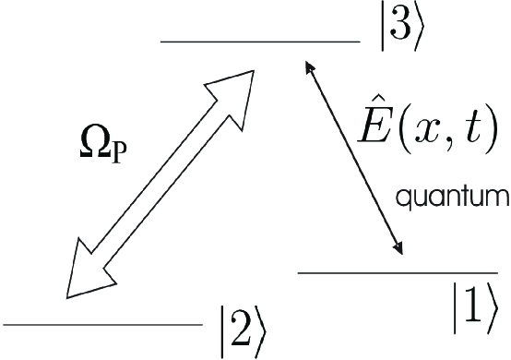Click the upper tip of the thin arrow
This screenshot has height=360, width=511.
pyautogui.click(x=308, y=65)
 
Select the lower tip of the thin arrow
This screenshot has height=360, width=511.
pyautogui.click(x=400, y=250)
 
